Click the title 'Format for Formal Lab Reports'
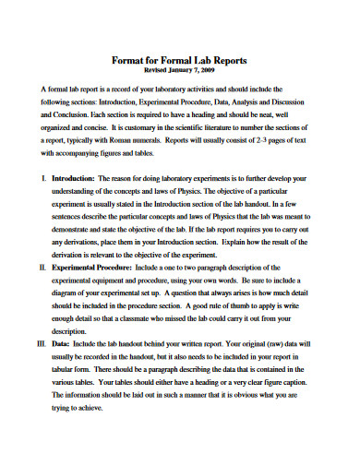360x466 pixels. (181, 58)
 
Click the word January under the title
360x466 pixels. (180, 69)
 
